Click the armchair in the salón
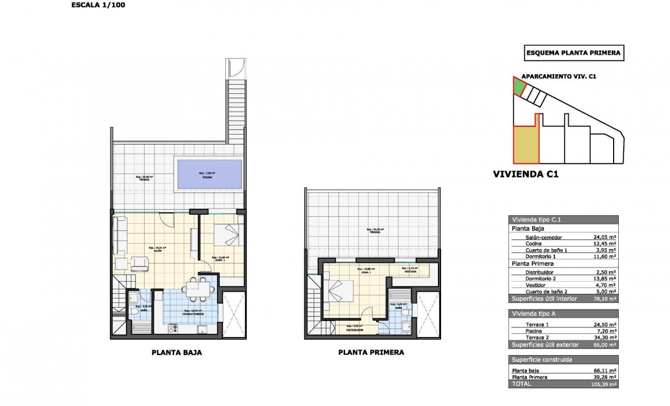(x=140, y=263)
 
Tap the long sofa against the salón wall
(x=119, y=235)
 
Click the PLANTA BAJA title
(x=177, y=353)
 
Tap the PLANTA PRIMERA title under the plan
(x=371, y=353)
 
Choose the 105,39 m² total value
(x=606, y=385)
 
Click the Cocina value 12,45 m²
(x=606, y=244)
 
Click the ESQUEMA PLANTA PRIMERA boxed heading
(x=574, y=53)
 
